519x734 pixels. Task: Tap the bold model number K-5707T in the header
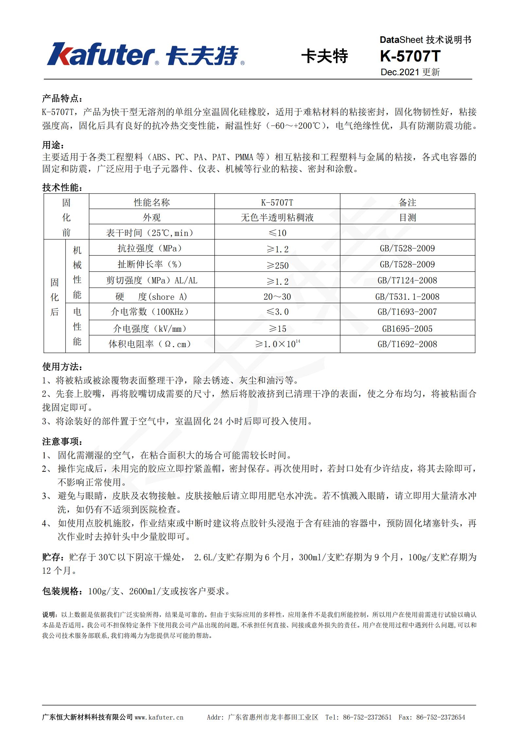pos(410,56)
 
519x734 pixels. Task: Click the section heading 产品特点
pos(62,98)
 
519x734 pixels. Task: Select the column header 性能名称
pos(152,202)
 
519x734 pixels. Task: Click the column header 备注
pos(407,202)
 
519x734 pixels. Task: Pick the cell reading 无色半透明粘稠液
pos(277,217)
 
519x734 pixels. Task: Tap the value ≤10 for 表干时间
pos(277,233)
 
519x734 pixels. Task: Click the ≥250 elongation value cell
pos(277,265)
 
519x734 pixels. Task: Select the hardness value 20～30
pos(277,297)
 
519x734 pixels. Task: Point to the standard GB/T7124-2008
pos(407,280)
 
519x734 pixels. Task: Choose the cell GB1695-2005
pos(407,329)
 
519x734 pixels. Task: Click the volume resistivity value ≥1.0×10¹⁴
pos(277,344)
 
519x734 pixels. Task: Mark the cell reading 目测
pos(407,217)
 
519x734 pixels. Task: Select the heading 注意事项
pos(62,441)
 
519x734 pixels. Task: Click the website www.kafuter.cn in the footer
pos(159,717)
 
